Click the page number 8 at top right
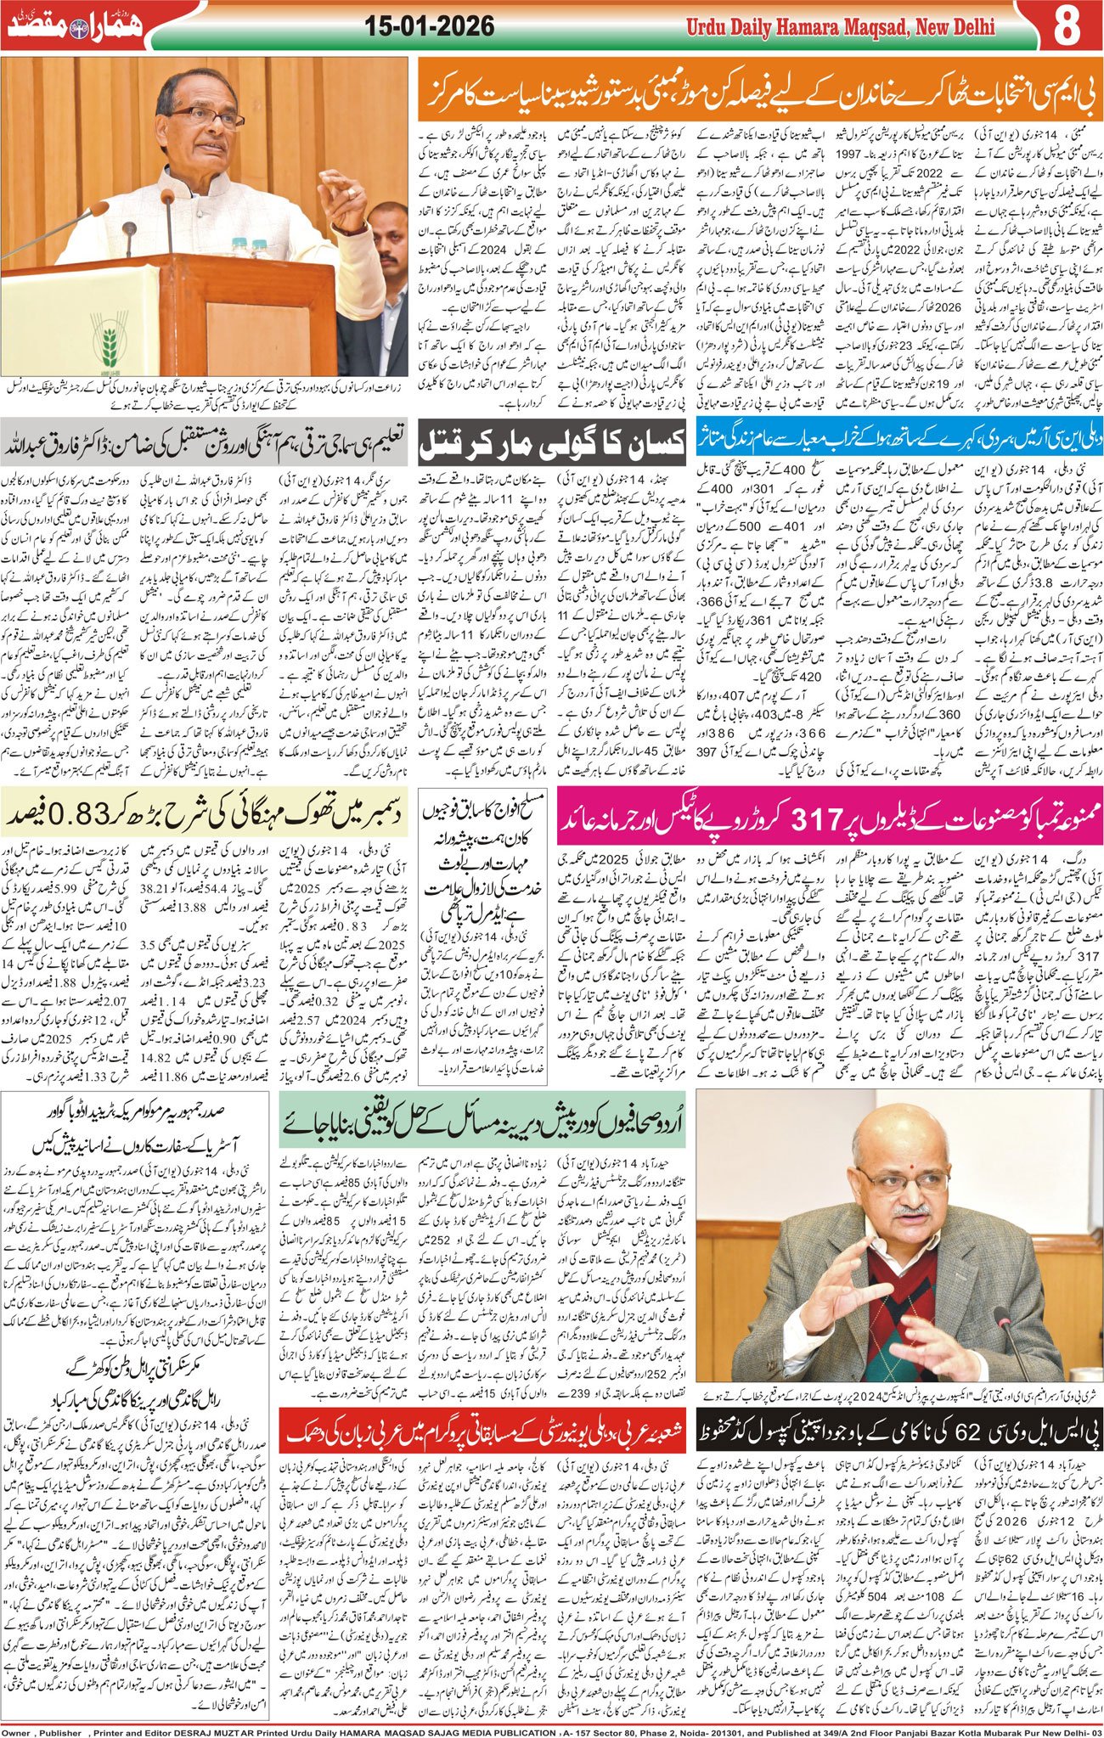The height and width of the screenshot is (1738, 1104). click(1067, 26)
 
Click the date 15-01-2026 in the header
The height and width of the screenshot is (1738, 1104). click(430, 27)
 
